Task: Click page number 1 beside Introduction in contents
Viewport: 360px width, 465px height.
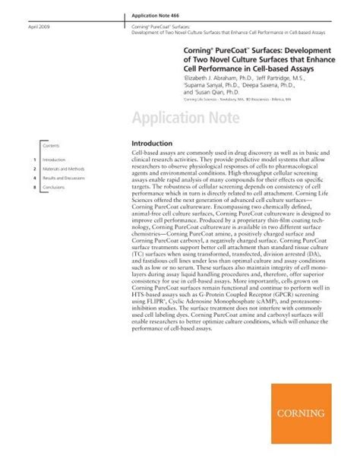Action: tap(36, 160)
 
